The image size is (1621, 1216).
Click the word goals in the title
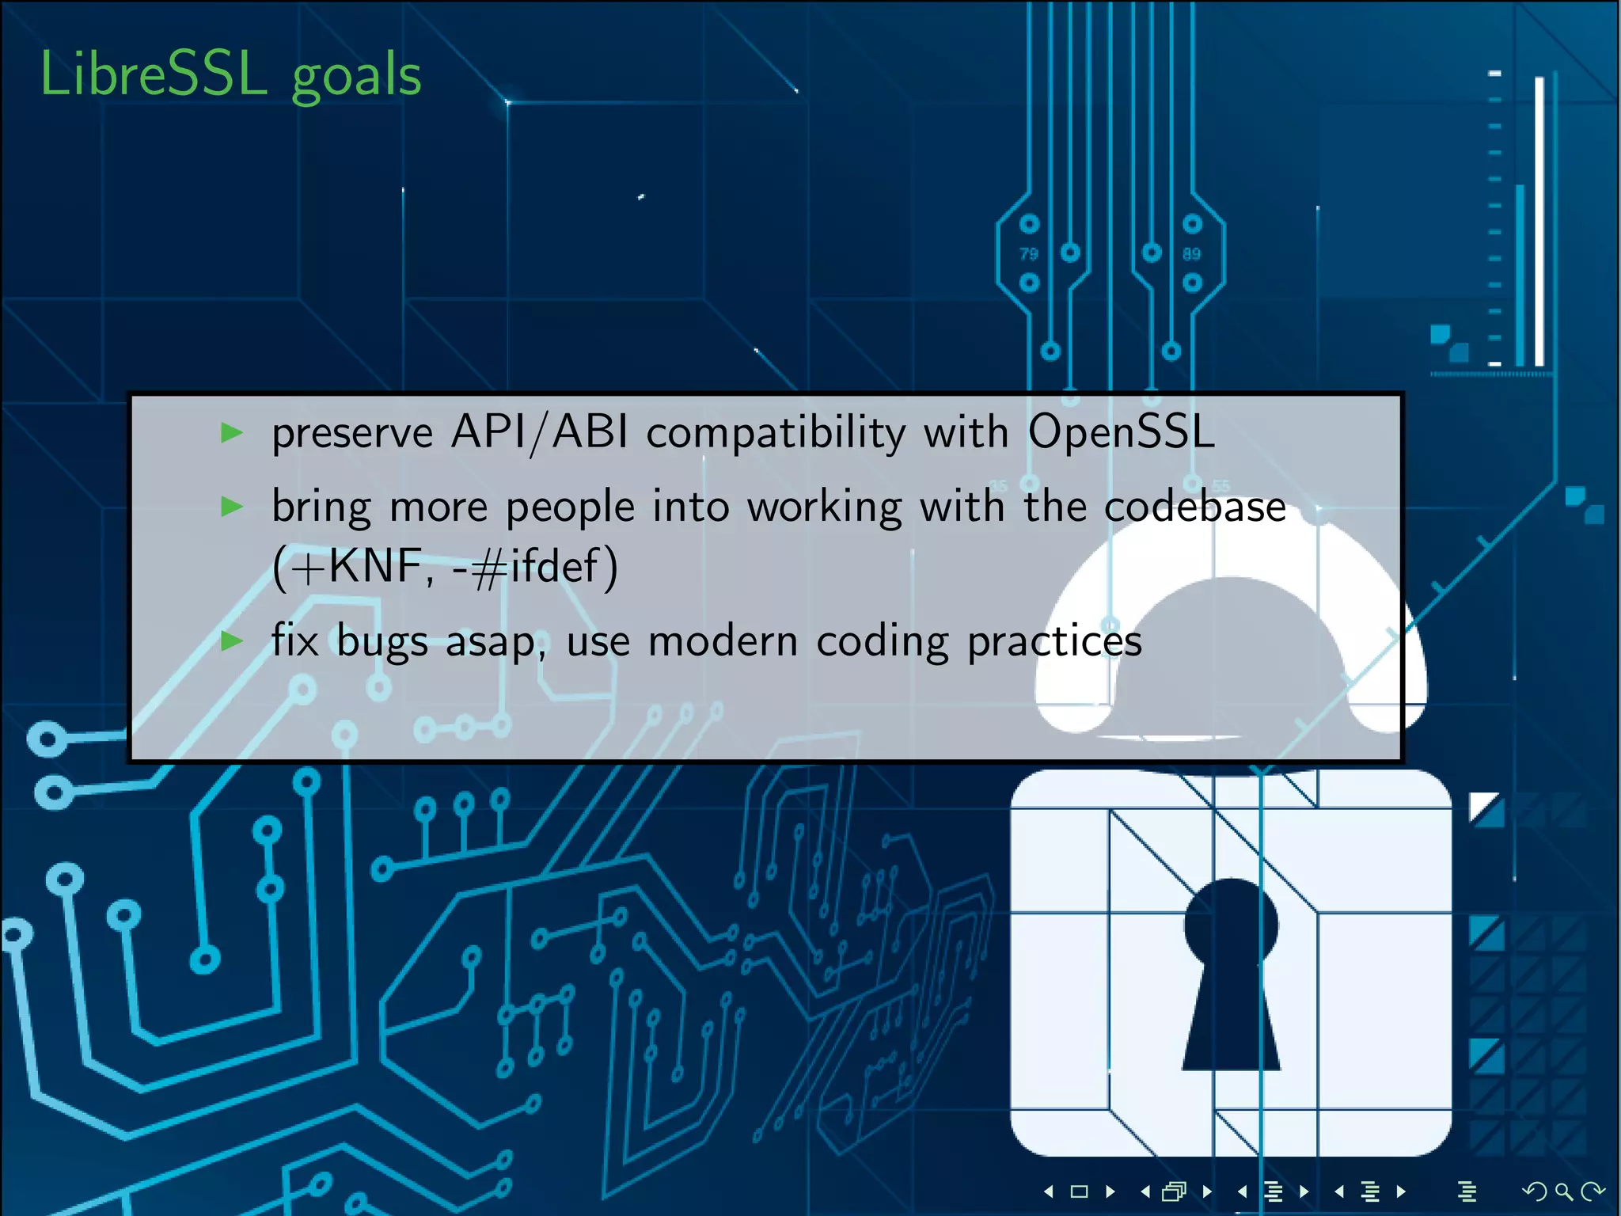click(356, 78)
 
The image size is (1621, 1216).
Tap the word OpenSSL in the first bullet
click(1121, 433)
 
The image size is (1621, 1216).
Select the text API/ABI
click(539, 433)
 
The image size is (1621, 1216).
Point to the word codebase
click(1194, 507)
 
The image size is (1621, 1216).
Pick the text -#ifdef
click(526, 567)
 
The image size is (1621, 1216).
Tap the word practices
click(1054, 641)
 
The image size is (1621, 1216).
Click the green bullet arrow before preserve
click(231, 432)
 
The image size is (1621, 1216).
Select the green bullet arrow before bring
click(231, 506)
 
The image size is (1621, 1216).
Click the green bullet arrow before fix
click(231, 640)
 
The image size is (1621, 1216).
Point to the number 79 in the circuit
click(1028, 254)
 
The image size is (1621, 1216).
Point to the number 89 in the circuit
click(1191, 254)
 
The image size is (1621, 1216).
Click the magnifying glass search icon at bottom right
click(1563, 1191)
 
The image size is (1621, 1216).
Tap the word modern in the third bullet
click(723, 641)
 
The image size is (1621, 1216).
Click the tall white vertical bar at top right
click(1539, 222)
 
